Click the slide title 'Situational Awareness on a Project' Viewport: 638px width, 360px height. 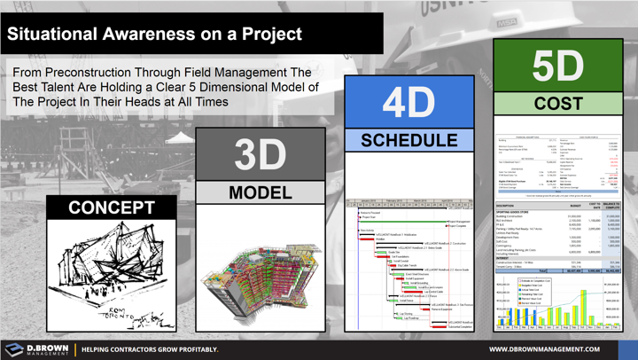coord(155,35)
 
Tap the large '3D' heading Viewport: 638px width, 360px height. coord(261,154)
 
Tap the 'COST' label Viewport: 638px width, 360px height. coord(557,104)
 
